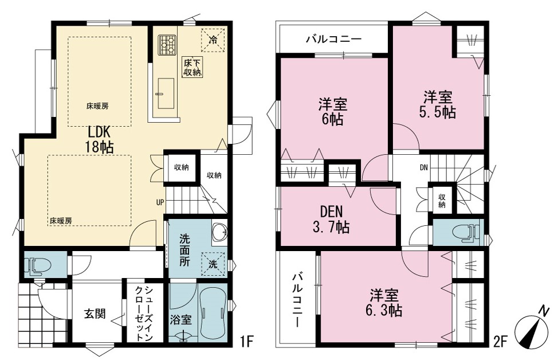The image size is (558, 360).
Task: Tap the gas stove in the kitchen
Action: tap(167, 45)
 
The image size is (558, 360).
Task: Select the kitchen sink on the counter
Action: tap(166, 93)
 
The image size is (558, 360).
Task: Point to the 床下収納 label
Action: tap(192, 67)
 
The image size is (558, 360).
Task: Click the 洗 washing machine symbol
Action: tap(213, 264)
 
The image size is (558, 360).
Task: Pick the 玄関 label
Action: tap(95, 314)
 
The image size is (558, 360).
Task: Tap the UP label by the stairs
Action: tap(160, 202)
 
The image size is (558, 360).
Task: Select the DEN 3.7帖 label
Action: tap(331, 220)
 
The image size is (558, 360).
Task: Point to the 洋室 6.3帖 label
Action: tap(384, 303)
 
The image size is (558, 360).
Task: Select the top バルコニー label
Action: tap(334, 39)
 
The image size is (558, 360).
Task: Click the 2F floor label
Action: tap(500, 342)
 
